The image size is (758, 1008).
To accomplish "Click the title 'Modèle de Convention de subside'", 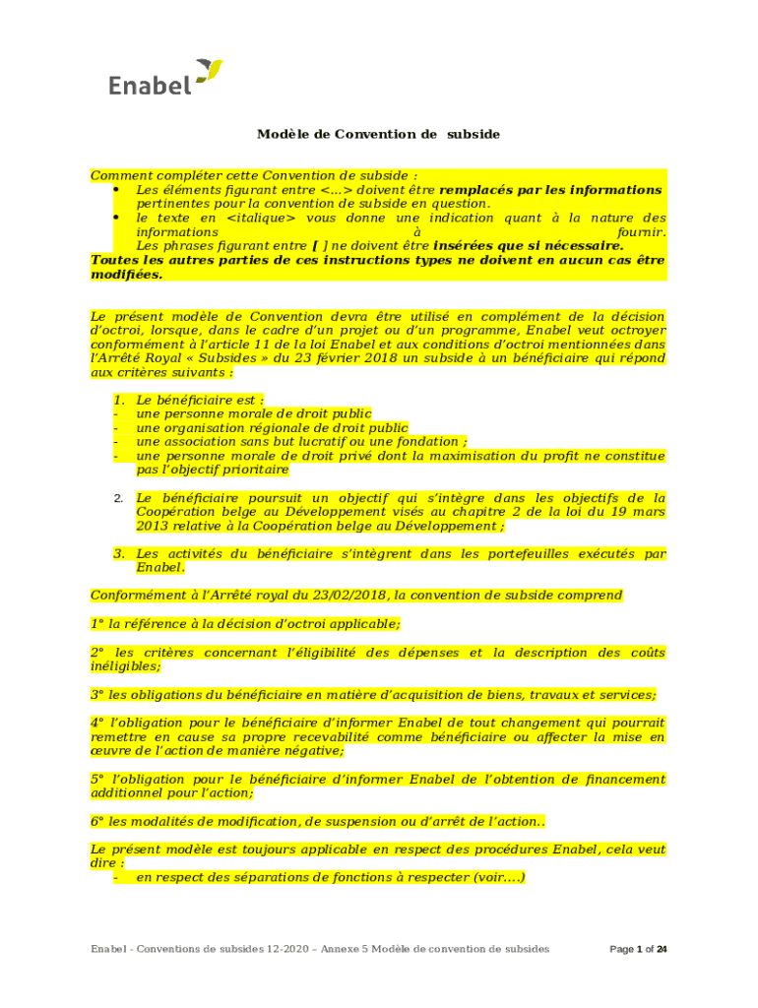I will click(379, 134).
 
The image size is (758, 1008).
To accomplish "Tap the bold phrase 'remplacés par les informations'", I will click(550, 189).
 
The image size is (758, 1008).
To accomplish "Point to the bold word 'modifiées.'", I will click(126, 275).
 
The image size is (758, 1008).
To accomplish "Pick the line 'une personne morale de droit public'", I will click(253, 414).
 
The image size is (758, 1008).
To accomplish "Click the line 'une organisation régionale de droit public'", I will click(271, 428).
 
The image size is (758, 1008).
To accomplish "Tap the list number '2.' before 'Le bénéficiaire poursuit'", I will click(118, 499).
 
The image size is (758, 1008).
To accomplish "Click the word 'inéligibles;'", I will click(126, 666).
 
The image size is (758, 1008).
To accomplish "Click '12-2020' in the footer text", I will click(289, 949).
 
